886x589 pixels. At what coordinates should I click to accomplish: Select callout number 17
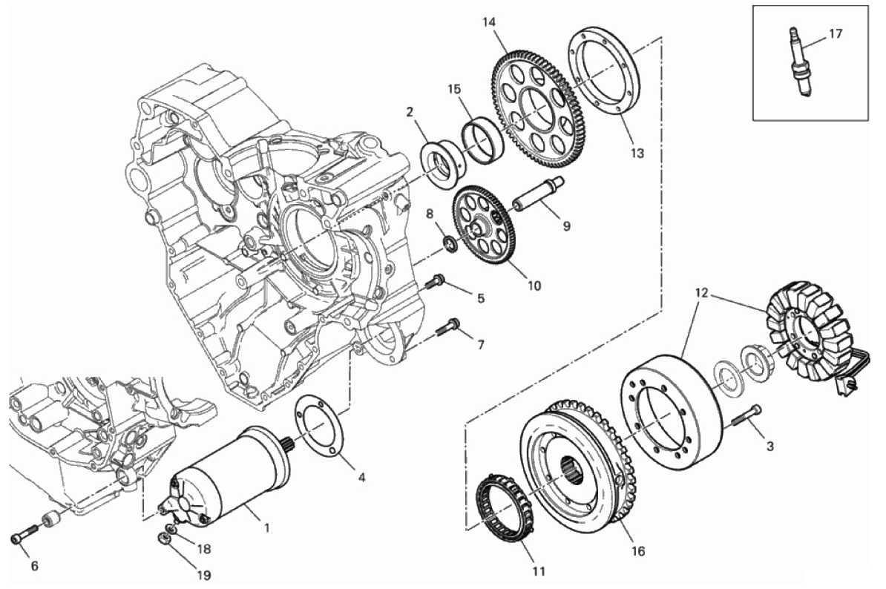pyautogui.click(x=836, y=33)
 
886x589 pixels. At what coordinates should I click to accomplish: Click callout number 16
pyautogui.click(x=638, y=551)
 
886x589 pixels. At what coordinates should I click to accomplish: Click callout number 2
pyautogui.click(x=409, y=112)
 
